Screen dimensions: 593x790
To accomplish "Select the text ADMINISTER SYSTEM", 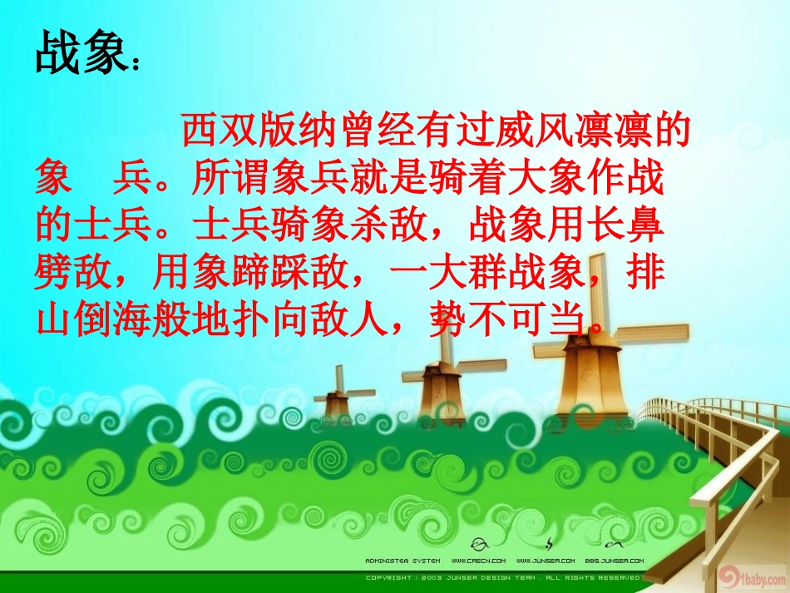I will [402, 561].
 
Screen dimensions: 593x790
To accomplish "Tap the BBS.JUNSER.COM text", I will [615, 561].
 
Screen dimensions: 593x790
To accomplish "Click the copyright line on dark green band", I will [503, 576].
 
